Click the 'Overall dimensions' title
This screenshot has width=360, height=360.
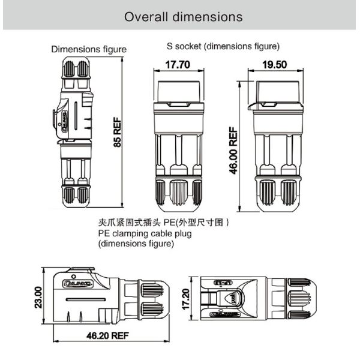[183, 16]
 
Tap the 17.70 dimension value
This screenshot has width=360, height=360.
[178, 65]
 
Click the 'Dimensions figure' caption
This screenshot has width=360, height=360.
[89, 49]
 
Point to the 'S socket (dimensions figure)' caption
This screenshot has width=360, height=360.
[223, 46]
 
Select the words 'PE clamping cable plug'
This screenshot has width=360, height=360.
[145, 233]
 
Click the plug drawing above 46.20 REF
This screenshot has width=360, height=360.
[108, 298]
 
